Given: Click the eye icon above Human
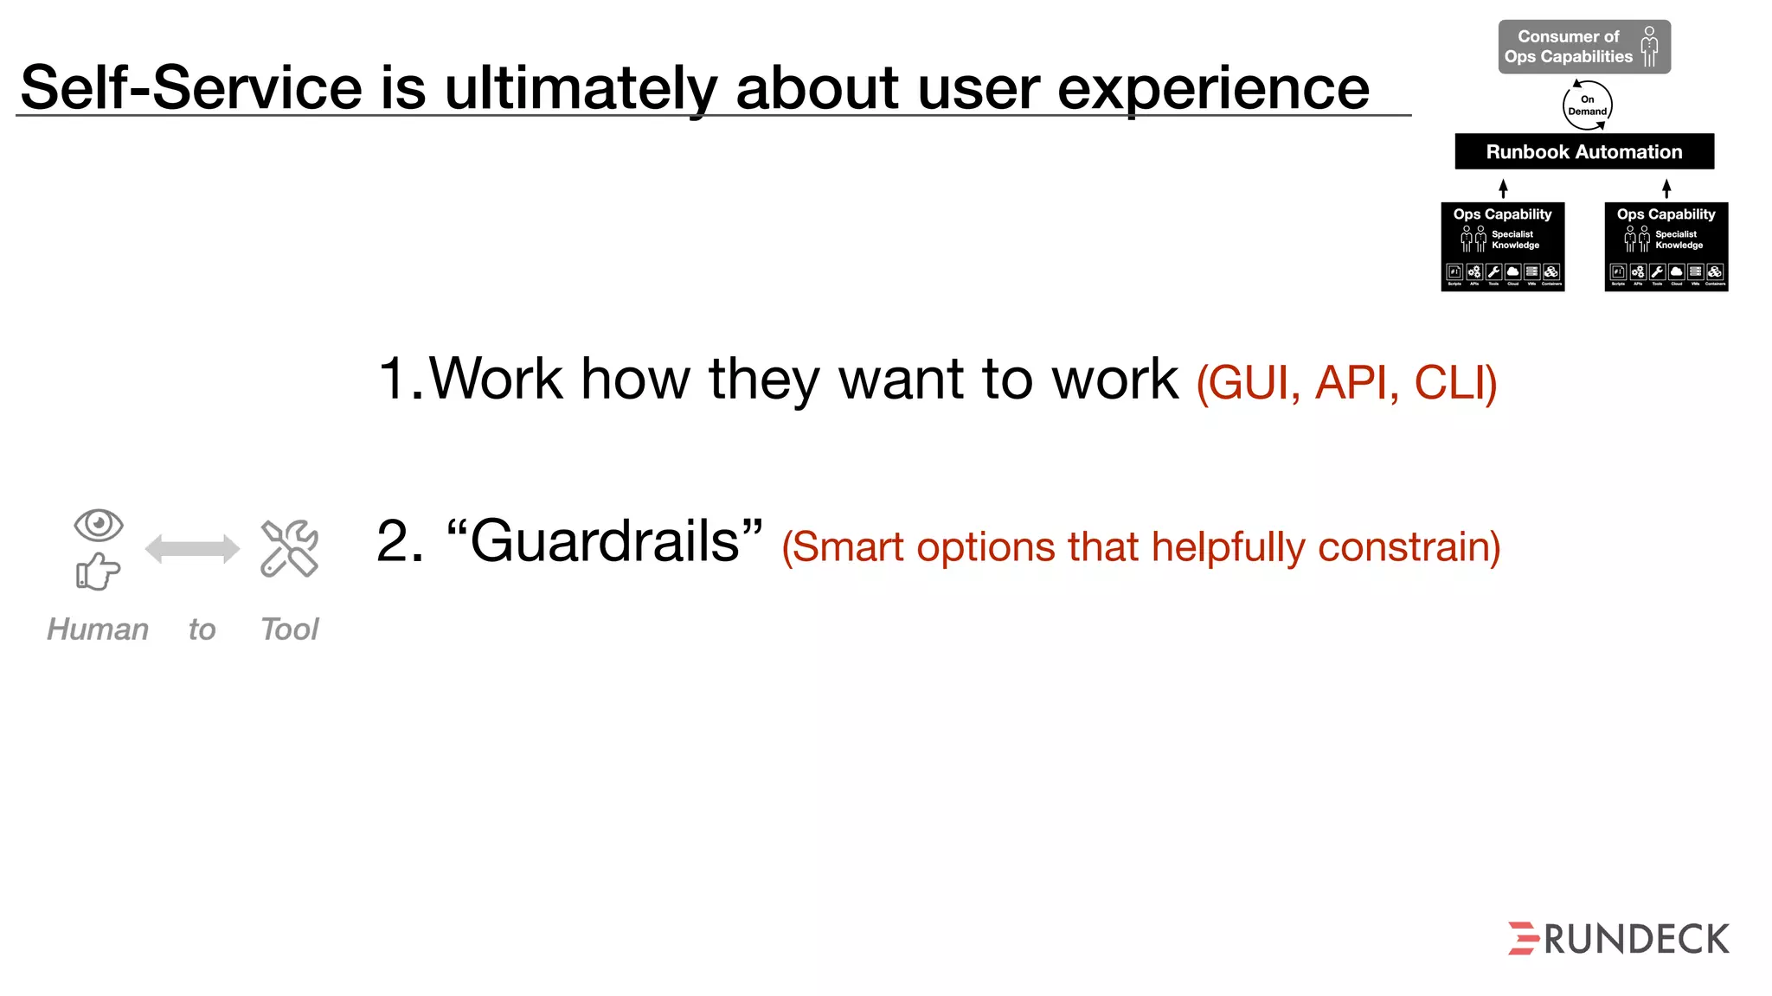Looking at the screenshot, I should [x=99, y=525].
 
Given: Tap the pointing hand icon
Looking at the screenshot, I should [x=98, y=571].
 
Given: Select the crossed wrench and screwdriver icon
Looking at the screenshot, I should [x=289, y=548].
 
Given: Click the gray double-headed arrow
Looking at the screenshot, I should [x=192, y=548].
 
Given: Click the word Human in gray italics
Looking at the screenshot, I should [x=98, y=629].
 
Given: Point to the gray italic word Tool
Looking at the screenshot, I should [x=290, y=629].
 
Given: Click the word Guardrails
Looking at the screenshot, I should [x=604, y=542].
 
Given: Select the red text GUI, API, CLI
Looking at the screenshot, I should [x=1346, y=382].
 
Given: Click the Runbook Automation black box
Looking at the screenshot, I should [x=1583, y=151].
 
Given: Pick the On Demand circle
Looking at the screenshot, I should [x=1587, y=105].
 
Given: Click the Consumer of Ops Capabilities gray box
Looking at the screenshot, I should [x=1583, y=47].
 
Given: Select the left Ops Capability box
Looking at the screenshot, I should [x=1502, y=247].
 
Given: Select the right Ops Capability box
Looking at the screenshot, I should [x=1666, y=247].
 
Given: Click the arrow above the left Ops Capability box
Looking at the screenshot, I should [x=1503, y=188].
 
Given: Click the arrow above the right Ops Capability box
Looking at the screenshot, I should [x=1666, y=188].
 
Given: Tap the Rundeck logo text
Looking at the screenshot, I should [x=1636, y=940].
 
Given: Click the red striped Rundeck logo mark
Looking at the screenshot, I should [x=1523, y=939].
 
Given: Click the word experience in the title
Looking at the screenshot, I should [x=1213, y=88].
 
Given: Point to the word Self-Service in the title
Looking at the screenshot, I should [x=191, y=88].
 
